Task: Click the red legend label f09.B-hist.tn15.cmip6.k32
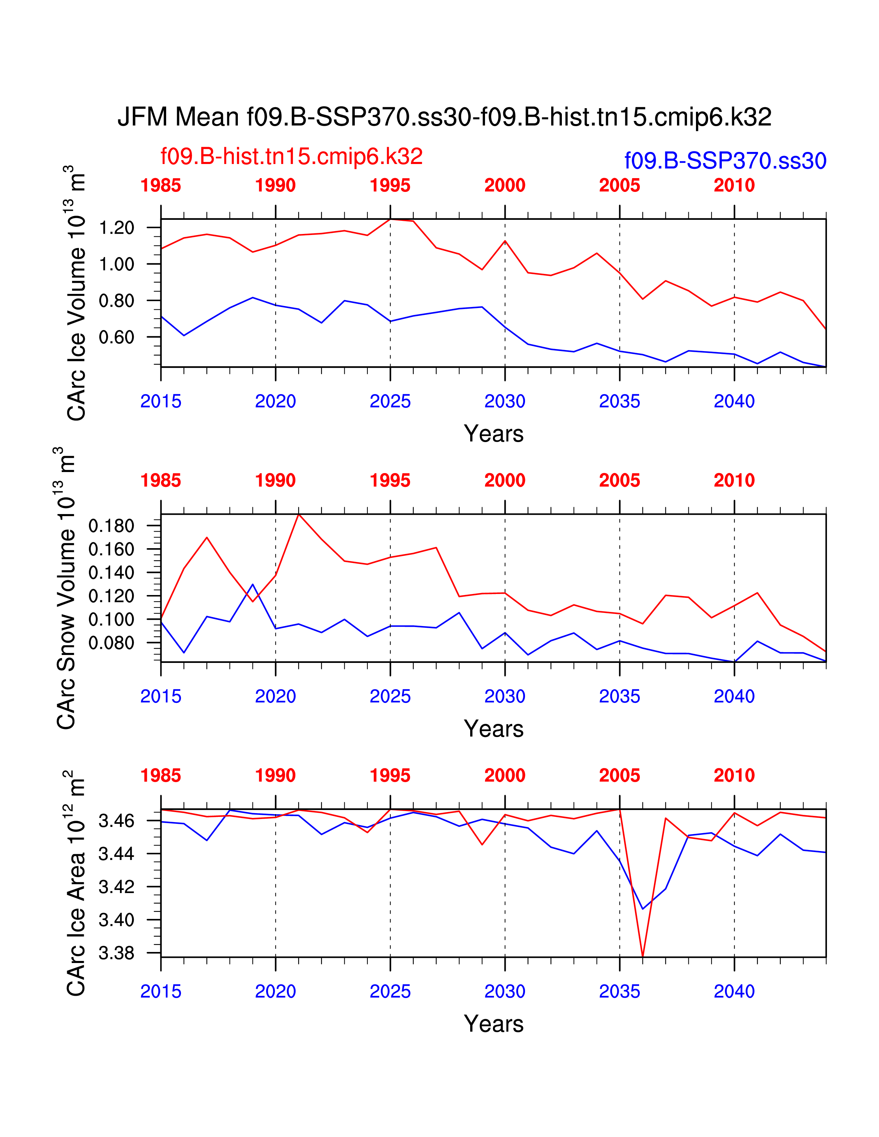[x=292, y=156]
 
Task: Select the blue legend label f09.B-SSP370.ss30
[x=725, y=161]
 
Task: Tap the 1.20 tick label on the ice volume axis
[x=117, y=228]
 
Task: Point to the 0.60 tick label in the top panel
[x=117, y=337]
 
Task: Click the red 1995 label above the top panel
[x=390, y=185]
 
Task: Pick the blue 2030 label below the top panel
[x=505, y=401]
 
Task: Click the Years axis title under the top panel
[x=493, y=434]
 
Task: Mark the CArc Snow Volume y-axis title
[x=66, y=588]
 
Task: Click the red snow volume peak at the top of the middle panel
[x=299, y=514]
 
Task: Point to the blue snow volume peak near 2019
[x=253, y=585]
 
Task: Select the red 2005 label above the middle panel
[x=619, y=481]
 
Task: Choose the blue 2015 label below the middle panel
[x=161, y=697]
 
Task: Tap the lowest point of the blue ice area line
[x=643, y=909]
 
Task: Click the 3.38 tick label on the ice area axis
[x=117, y=953]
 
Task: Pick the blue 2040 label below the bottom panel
[x=734, y=992]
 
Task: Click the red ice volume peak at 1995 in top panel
[x=390, y=219]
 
